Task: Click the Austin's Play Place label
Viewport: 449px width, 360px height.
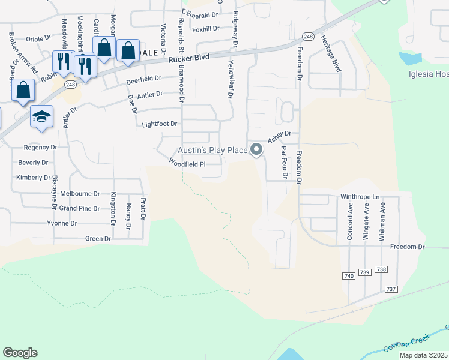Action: (x=212, y=150)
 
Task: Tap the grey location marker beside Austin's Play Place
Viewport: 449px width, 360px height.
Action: (x=257, y=149)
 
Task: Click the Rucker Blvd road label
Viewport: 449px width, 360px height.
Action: (x=189, y=59)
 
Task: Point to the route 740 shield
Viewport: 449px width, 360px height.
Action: (x=349, y=275)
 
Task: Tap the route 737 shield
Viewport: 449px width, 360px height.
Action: (x=391, y=289)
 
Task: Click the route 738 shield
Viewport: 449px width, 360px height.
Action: (x=381, y=269)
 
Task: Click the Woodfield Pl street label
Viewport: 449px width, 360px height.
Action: (x=187, y=163)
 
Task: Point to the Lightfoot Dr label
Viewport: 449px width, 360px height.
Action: (x=160, y=124)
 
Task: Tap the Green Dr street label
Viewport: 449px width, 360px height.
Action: (x=98, y=238)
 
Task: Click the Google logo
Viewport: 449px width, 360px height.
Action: (x=20, y=353)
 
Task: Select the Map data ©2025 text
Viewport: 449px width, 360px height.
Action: (x=423, y=355)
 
